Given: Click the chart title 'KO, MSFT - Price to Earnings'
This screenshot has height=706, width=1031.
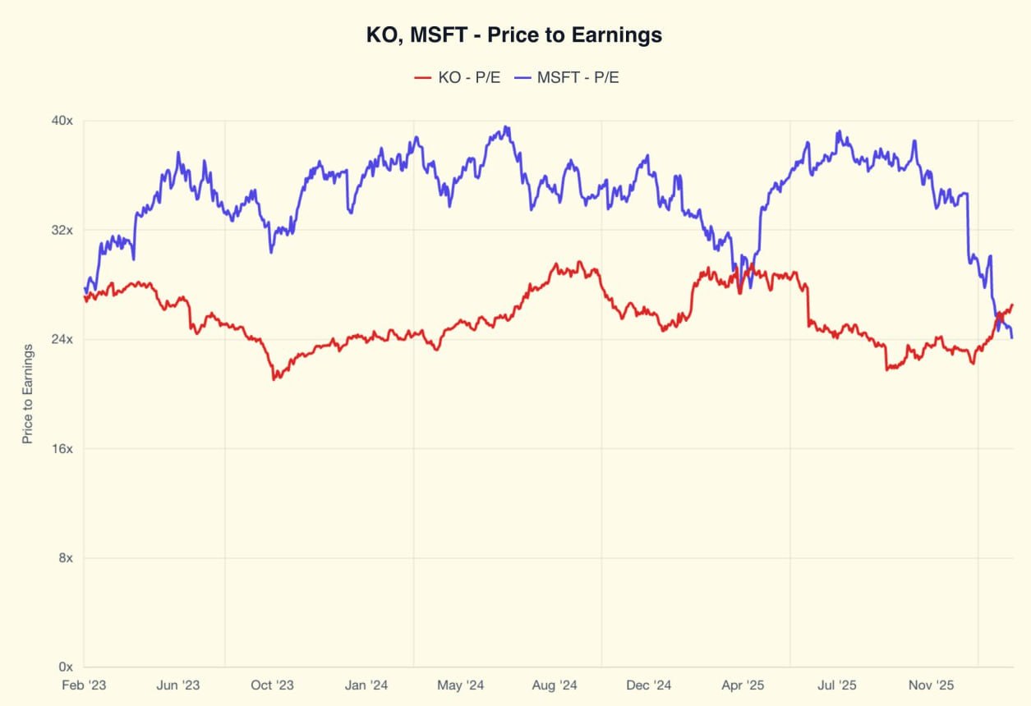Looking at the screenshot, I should (514, 35).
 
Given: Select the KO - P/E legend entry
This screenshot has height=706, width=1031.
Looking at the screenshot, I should (457, 77).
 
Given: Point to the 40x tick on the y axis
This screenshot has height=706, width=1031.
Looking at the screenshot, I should (63, 121).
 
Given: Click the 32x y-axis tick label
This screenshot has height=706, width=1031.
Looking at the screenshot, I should (63, 230).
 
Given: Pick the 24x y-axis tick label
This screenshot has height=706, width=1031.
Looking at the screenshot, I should (63, 339).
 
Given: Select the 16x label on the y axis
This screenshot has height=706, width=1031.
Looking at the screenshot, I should (63, 448).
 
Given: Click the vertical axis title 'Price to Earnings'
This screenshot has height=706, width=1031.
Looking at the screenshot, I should (28, 394).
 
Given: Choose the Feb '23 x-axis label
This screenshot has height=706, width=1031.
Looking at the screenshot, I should (84, 685).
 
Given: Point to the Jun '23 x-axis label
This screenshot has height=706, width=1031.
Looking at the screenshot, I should (178, 685).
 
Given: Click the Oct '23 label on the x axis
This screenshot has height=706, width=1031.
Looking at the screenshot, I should (273, 685).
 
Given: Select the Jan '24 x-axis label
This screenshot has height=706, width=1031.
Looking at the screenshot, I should (366, 685).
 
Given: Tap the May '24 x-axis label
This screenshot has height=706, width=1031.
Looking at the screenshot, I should (461, 685).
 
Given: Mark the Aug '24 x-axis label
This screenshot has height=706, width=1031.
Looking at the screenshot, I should (555, 685).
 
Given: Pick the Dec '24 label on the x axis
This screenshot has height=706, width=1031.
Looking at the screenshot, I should (649, 685).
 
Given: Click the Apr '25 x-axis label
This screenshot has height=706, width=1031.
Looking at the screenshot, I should (743, 685).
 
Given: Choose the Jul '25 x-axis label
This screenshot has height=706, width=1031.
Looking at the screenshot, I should (837, 685).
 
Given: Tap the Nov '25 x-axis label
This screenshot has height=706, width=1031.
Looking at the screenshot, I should (932, 685).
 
